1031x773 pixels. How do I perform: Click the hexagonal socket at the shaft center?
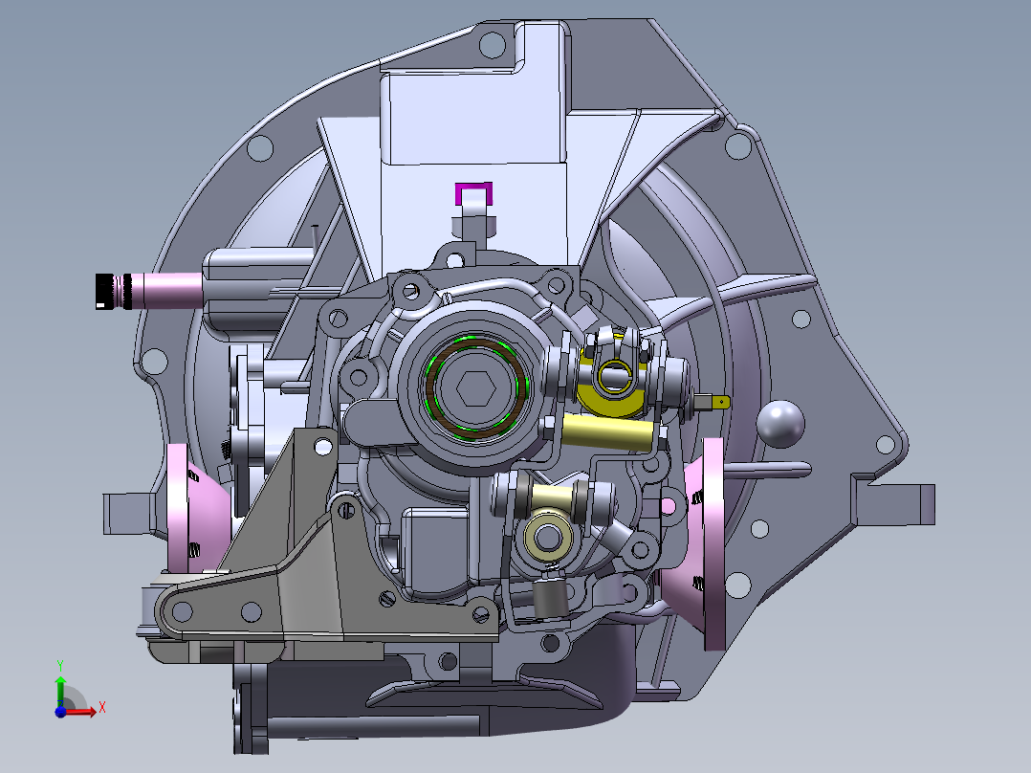475,388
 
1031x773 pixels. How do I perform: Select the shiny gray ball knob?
780,424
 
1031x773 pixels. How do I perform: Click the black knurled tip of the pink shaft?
113,292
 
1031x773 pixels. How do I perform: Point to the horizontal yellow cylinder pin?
607,432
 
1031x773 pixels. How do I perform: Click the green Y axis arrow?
60,685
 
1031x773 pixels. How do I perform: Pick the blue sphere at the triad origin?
60,711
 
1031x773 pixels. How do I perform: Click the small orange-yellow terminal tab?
721,401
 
